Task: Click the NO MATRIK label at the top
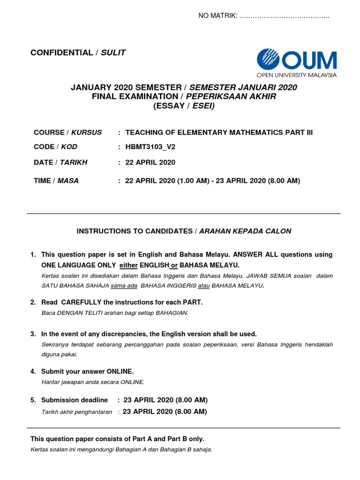coord(217,16)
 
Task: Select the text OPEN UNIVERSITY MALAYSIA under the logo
coord(296,75)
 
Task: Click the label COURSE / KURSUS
coord(67,132)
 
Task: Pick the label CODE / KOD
coord(56,147)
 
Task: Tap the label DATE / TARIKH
coord(60,162)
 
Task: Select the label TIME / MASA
coord(56,180)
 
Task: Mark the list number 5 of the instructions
coord(33,400)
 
